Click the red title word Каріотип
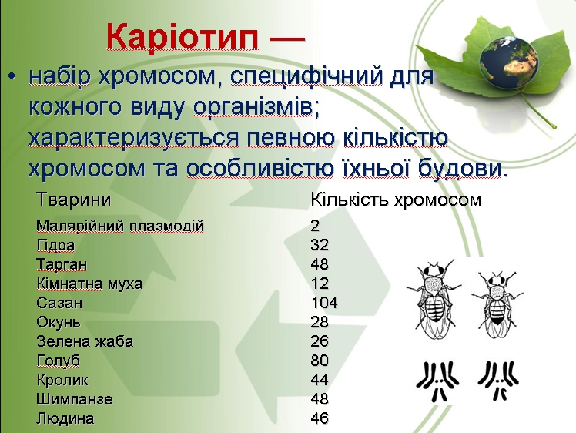183,38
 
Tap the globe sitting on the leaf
509,63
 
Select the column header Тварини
73,200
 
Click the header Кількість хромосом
396,200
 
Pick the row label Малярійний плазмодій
120,226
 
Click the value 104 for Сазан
324,303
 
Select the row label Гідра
55,245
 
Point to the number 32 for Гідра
320,245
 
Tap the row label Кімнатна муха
89,284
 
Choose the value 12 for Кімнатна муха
320,284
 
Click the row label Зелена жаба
85,341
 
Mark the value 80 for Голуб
320,361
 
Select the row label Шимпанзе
75,399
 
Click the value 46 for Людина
320,418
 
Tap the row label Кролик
62,380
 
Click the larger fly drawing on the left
434,299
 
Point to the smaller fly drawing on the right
497,304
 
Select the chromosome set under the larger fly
437,381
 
